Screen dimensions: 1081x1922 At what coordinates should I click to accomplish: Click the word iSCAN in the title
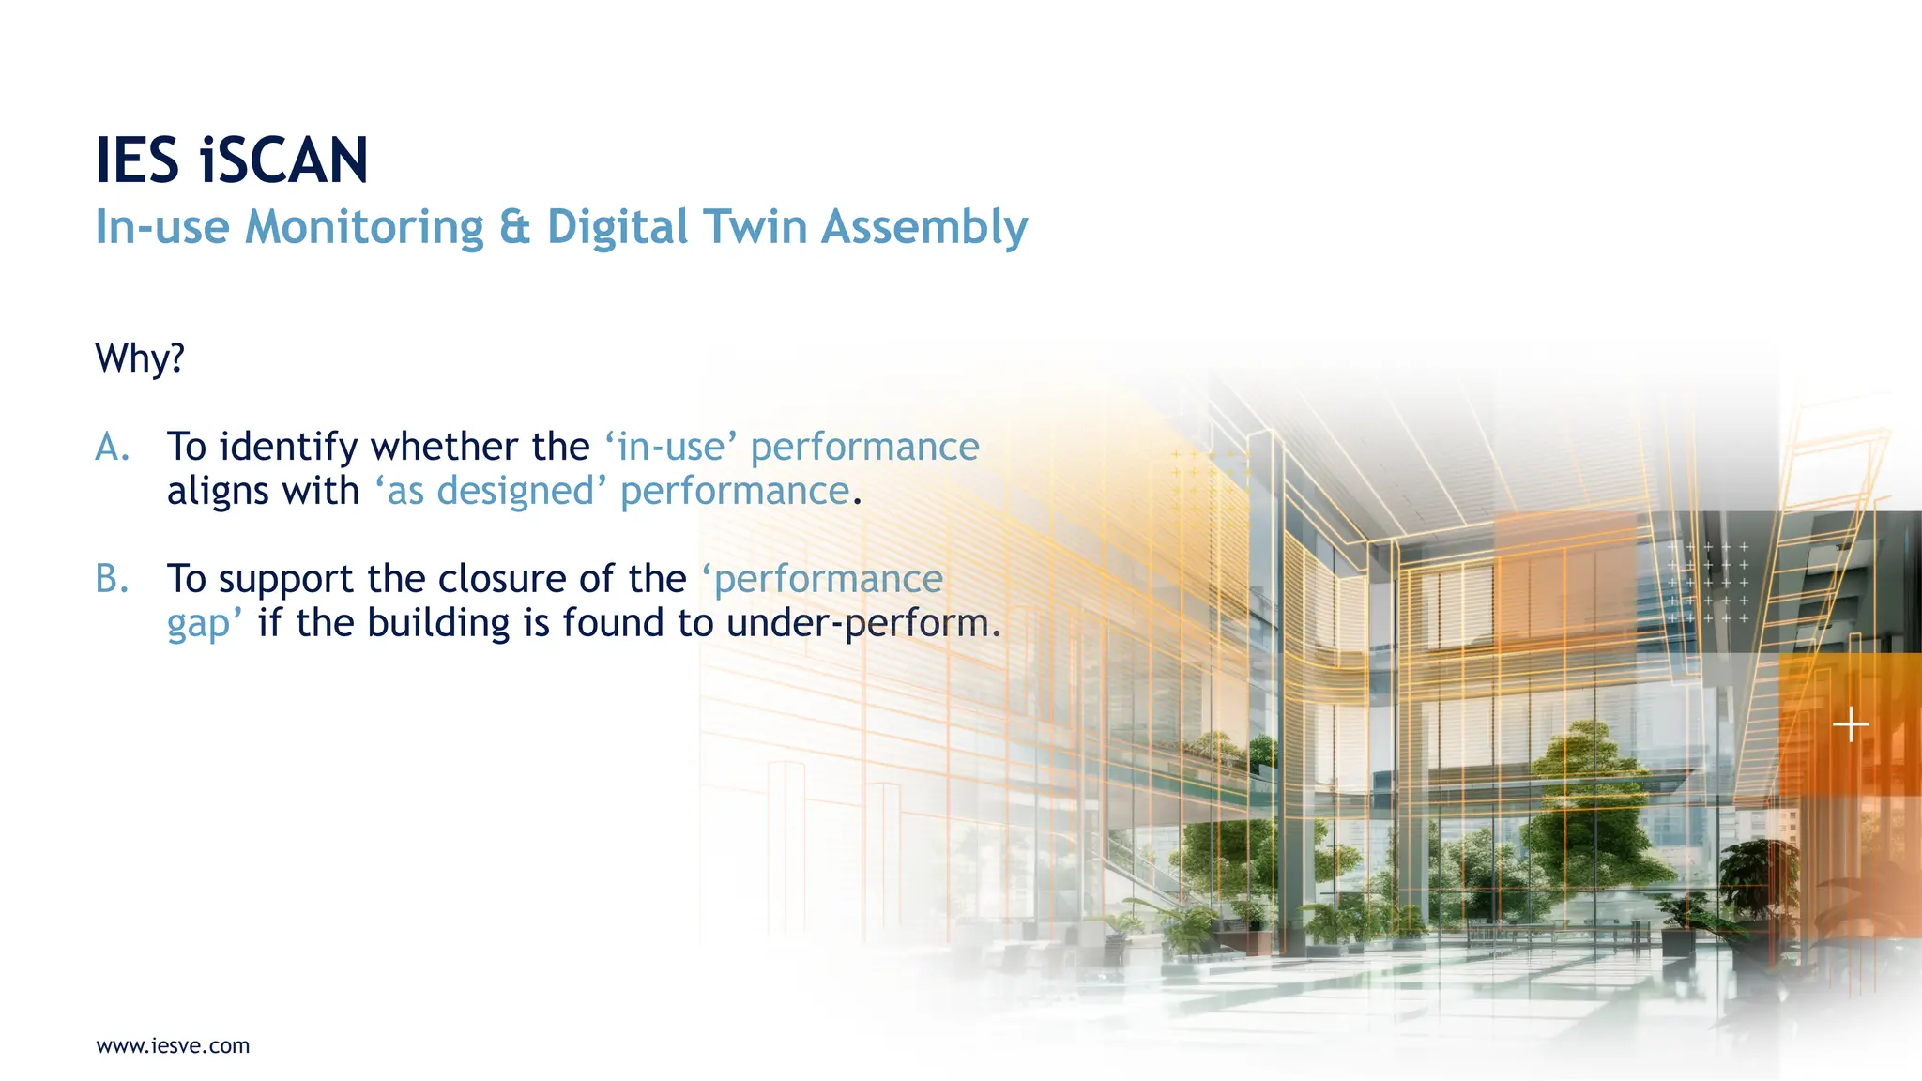(x=284, y=160)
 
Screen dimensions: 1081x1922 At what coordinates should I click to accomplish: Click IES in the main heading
(x=137, y=160)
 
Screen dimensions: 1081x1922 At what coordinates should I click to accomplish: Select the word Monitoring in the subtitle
(x=364, y=228)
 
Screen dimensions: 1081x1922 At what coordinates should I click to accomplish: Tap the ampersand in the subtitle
(x=514, y=228)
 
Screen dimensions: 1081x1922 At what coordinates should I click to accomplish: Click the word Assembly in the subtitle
(x=924, y=228)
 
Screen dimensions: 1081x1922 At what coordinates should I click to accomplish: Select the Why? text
(x=140, y=358)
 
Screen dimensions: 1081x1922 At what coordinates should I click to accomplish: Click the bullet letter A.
(x=111, y=448)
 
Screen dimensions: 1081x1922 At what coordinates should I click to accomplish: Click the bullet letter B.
(x=111, y=580)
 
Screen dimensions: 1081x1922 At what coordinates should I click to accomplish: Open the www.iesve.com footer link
(x=173, y=1046)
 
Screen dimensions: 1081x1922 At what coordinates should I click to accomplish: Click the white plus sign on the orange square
(x=1850, y=725)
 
